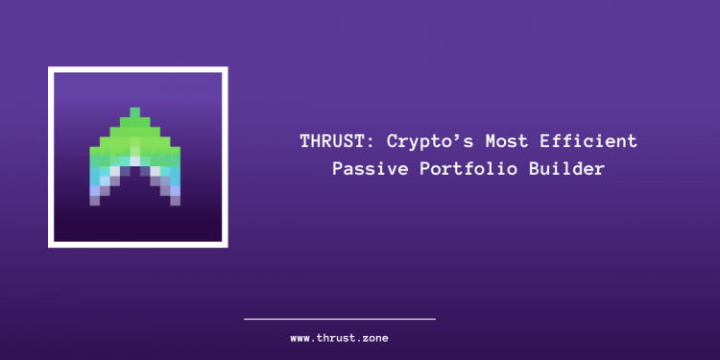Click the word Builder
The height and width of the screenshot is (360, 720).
pyautogui.click(x=571, y=168)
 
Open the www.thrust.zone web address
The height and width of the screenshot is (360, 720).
pyautogui.click(x=340, y=338)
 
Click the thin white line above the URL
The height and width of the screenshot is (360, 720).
pyautogui.click(x=340, y=319)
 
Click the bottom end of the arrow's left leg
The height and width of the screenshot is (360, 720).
pyautogui.click(x=95, y=201)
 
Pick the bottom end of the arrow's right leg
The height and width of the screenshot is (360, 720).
pyautogui.click(x=175, y=201)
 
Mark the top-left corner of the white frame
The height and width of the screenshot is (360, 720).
pyautogui.click(x=50, y=69)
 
